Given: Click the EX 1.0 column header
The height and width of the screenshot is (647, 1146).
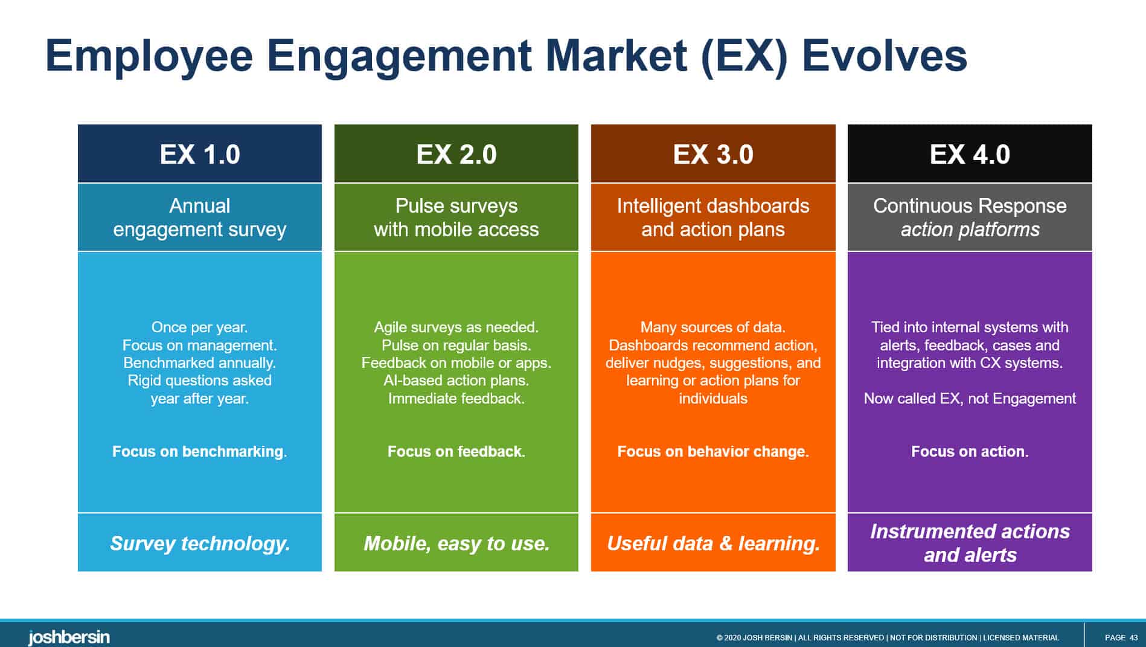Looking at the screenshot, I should tap(200, 154).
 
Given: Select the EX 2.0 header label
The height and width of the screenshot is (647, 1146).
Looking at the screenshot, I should tap(456, 154).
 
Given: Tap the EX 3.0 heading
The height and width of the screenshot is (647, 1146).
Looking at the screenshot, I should tap(713, 154).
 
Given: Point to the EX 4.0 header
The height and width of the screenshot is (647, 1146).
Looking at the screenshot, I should tap(970, 154).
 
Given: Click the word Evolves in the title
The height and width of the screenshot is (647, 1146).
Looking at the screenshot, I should tap(884, 56).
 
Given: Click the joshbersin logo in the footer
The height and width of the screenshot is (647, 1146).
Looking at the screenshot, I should tap(69, 637).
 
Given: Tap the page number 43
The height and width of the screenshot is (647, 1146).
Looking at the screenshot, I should tap(1133, 637).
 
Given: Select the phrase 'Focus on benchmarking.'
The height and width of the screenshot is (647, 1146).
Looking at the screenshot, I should tap(199, 451).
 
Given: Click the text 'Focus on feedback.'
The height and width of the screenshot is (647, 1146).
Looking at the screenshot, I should tap(456, 451).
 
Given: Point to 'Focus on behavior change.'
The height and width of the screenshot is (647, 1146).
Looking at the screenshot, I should tap(713, 451).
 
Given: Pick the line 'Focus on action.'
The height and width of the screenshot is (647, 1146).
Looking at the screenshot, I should tap(970, 451).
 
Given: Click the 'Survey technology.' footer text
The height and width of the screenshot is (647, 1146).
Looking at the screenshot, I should tap(200, 543).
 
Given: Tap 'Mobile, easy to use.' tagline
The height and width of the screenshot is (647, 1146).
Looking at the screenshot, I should tap(456, 543).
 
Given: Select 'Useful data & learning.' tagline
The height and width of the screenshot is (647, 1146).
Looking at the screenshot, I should tap(713, 543).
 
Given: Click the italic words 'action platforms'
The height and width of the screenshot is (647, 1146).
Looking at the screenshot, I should tap(970, 230).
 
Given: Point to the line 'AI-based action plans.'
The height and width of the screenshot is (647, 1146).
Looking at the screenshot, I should tap(456, 381).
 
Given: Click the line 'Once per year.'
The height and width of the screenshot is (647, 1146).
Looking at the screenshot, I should tap(200, 327).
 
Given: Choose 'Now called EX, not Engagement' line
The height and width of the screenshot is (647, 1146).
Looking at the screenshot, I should tap(970, 399).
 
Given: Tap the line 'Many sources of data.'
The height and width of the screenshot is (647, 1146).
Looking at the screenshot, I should tap(713, 327).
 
